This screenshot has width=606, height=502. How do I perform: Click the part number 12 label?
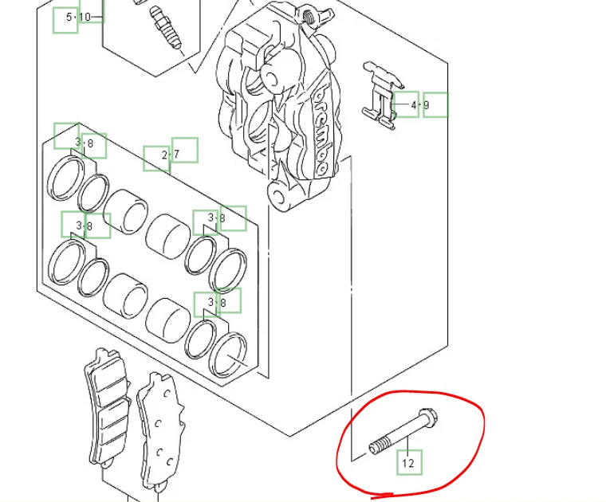click(408, 463)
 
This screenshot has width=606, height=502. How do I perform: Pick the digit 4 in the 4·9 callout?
click(414, 104)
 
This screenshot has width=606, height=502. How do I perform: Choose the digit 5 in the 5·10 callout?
click(69, 17)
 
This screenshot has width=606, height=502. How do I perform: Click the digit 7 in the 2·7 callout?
click(175, 155)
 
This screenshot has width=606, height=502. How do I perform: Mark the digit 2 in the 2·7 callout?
click(164, 155)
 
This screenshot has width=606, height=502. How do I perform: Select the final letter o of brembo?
click(321, 167)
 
